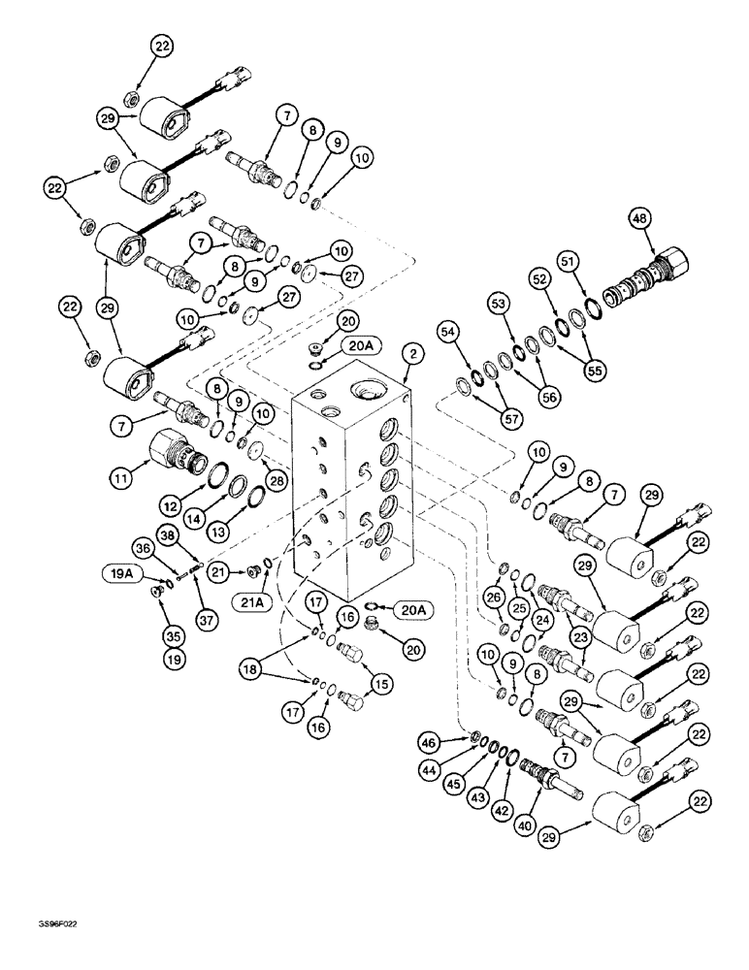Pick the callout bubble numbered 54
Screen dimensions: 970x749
click(449, 332)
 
